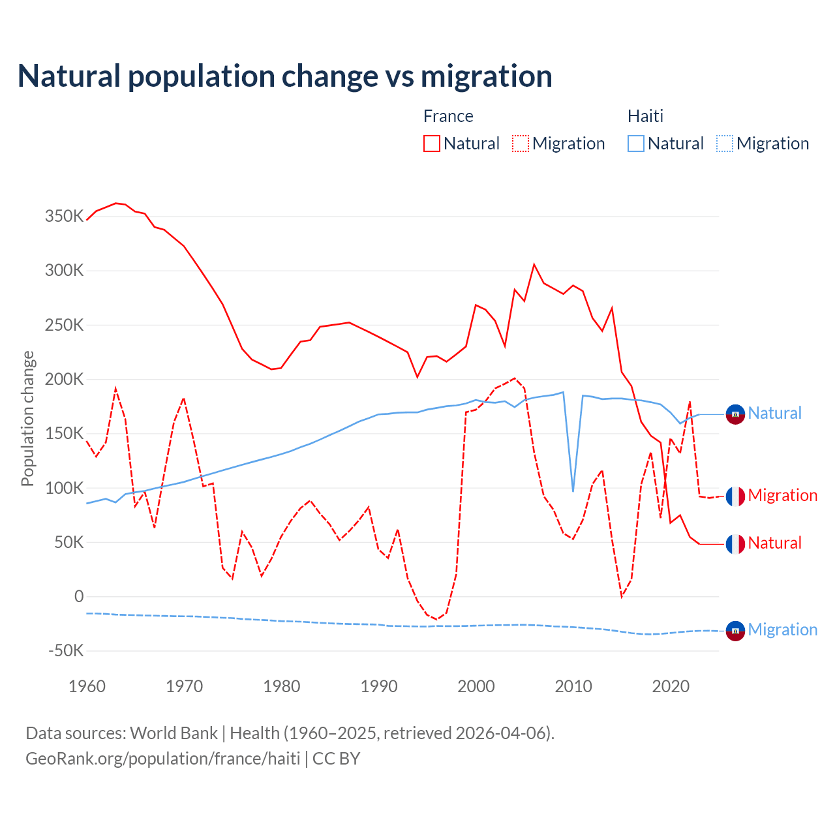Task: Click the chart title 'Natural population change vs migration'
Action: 285,76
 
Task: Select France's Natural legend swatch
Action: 431,144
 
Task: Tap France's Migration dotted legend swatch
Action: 521,144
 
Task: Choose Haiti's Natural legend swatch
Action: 635,144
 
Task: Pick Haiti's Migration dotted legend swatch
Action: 725,144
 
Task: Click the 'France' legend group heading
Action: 448,116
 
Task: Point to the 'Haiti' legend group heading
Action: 645,116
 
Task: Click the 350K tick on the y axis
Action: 64,216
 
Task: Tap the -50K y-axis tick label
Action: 66,650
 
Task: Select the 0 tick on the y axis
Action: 79,596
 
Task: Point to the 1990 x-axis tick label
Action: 379,686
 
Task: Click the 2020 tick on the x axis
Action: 671,686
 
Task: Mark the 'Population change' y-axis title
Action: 27,418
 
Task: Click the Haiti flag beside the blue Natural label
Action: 735,414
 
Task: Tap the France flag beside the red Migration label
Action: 735,496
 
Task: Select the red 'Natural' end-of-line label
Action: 774,543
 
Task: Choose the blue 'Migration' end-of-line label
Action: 782,630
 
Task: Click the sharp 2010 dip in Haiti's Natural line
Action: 573,491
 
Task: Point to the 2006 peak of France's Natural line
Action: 534,265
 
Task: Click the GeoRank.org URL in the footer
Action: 162,759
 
